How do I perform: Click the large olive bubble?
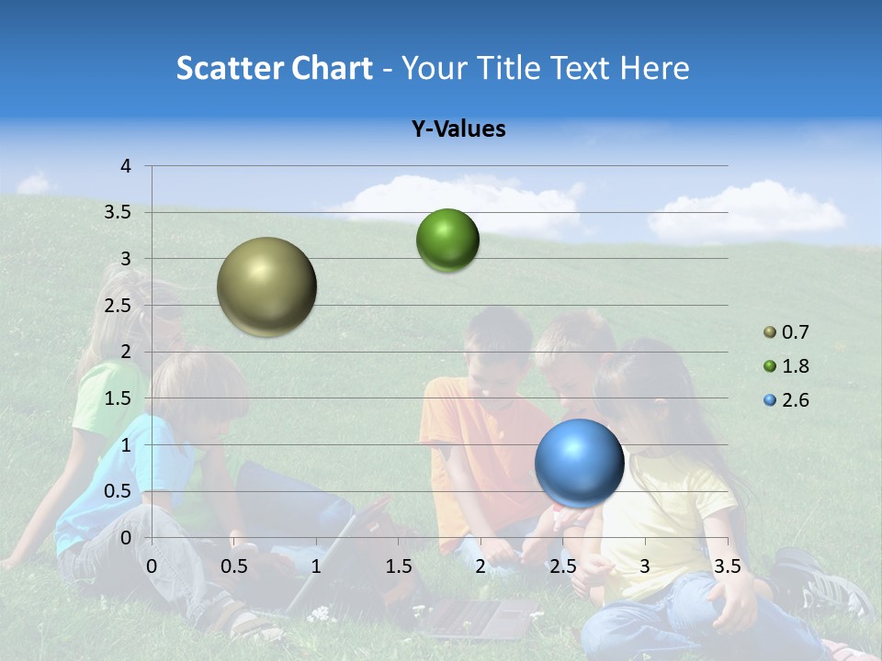[266, 286]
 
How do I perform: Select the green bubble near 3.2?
[447, 240]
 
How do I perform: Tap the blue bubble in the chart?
[579, 463]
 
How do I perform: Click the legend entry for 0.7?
[786, 332]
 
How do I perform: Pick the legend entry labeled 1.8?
[786, 366]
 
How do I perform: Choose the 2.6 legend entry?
[786, 400]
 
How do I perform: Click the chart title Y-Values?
[458, 129]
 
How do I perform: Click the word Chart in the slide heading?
[331, 68]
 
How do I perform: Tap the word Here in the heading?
[654, 68]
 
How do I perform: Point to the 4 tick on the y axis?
[126, 166]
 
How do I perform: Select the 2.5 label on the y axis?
[117, 306]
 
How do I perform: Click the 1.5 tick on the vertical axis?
[117, 398]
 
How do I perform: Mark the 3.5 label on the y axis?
[117, 213]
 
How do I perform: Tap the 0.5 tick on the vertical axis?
[117, 491]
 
